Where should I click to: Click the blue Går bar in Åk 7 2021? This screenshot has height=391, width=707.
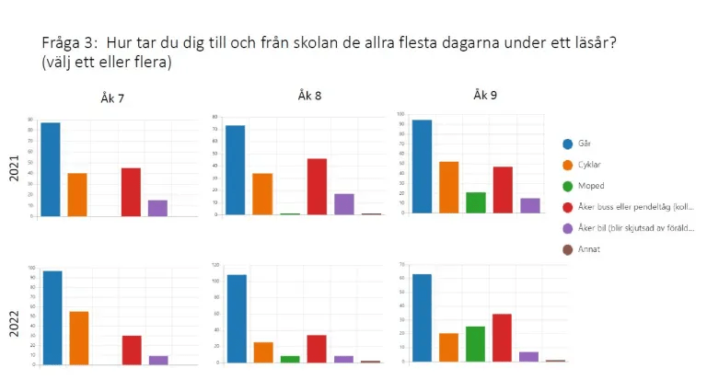(x=51, y=169)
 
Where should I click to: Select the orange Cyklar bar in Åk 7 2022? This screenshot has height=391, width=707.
(x=78, y=338)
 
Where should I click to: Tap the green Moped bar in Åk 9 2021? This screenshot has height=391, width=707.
(x=476, y=202)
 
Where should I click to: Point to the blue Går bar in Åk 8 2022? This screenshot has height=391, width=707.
(x=237, y=318)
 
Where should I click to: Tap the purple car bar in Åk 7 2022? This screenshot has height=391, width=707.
(x=158, y=360)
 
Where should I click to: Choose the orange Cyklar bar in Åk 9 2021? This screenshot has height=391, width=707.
(x=449, y=188)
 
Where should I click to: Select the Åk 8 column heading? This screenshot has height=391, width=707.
(x=309, y=95)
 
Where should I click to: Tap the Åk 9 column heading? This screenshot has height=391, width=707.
(x=485, y=95)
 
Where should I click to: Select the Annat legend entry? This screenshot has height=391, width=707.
(x=593, y=249)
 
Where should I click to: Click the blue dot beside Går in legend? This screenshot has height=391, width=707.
(x=568, y=144)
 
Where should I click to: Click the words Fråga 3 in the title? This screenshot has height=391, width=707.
(x=70, y=43)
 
